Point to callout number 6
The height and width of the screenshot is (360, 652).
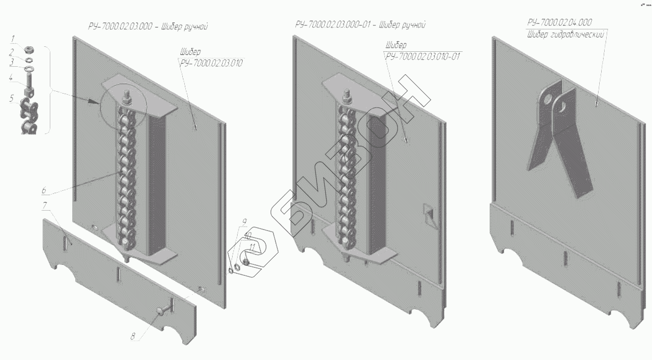click(44, 190)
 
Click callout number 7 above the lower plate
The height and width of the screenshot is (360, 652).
click(45, 205)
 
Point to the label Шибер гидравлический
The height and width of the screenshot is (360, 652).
click(566, 35)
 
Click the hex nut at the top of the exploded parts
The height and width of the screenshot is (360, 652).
click(29, 50)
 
